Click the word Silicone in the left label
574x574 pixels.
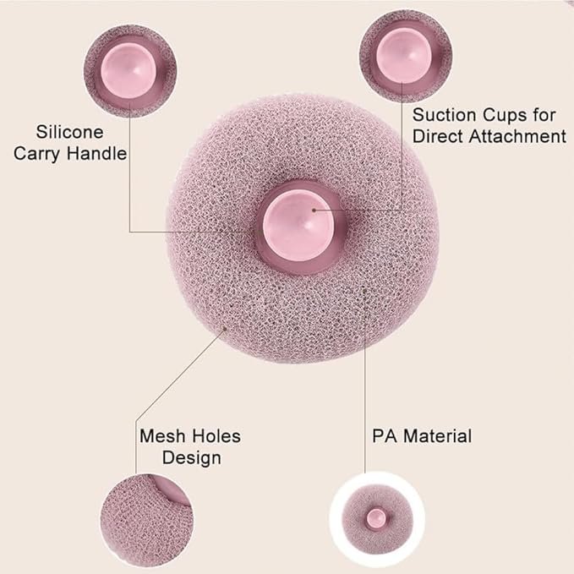pos(69,132)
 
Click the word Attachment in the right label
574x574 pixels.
pos(517,136)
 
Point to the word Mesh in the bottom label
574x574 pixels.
pos(162,436)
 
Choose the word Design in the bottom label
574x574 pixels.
pos(191,458)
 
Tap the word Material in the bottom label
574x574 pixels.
pos(437,436)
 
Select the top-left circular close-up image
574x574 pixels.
pos(130,71)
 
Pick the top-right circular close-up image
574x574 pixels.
pos(405,56)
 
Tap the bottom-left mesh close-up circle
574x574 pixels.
pos(147,521)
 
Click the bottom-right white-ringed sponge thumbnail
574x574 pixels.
pos(377,520)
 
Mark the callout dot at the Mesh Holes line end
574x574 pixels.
pos(225,328)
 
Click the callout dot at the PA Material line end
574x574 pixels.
pos(364,290)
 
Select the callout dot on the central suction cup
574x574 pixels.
pos(314,210)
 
